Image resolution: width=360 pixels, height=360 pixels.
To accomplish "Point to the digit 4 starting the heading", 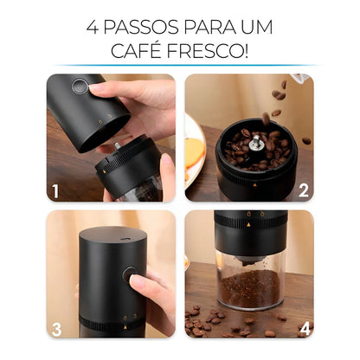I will click(x=93, y=27).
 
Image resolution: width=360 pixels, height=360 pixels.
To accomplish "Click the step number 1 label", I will click(x=55, y=190).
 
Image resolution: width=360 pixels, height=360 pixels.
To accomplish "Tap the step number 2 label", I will click(x=304, y=190).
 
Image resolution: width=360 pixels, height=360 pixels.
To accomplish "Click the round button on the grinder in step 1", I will click(x=80, y=87).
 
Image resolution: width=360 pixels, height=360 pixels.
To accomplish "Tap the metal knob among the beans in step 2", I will click(x=256, y=141).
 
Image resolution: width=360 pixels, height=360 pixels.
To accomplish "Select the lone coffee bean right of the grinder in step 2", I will click(x=305, y=140).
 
